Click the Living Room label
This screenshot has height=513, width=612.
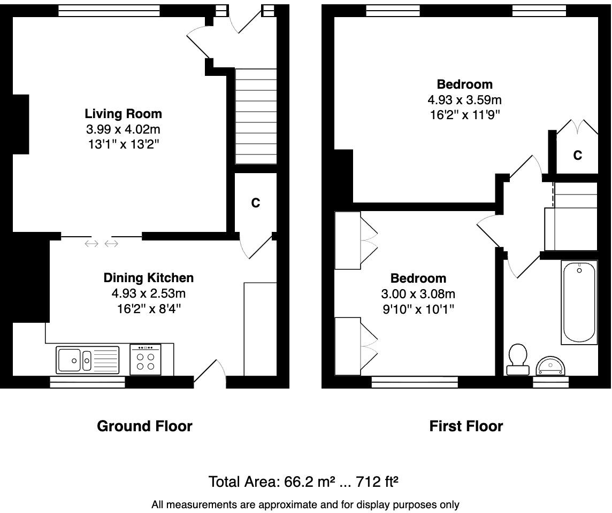tap(123, 114)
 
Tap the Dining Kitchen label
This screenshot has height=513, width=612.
tap(148, 278)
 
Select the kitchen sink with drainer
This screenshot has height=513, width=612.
tap(88, 360)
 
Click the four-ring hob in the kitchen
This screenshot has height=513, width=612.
tap(146, 360)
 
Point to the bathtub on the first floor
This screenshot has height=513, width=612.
tap(579, 302)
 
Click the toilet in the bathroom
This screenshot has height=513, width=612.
tap(517, 360)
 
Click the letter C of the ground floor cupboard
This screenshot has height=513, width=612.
tap(256, 203)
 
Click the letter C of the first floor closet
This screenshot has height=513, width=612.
tap(577, 156)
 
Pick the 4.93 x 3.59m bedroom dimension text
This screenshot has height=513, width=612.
tap(464, 100)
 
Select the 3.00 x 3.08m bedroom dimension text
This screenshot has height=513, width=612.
tap(418, 294)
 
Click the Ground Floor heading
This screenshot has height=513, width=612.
tap(144, 426)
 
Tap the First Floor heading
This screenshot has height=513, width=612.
tap(466, 426)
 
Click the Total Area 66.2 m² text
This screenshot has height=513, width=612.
tap(303, 482)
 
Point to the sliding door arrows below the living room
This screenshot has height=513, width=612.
tap(102, 244)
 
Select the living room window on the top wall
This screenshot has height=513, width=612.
tap(109, 11)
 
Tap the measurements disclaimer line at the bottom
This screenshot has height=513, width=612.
tap(305, 504)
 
